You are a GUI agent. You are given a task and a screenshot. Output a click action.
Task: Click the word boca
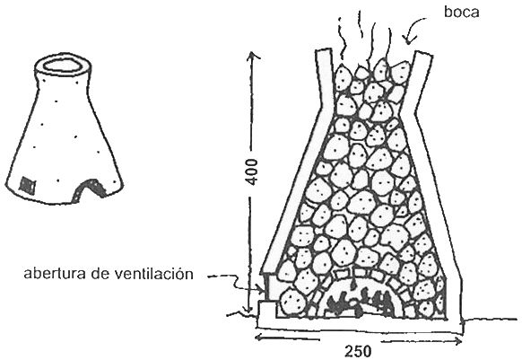(x=461, y=12)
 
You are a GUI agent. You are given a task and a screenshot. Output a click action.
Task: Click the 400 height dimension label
(x=252, y=172)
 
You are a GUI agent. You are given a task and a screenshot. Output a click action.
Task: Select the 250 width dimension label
(x=358, y=352)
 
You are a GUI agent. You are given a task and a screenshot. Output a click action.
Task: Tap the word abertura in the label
(x=56, y=274)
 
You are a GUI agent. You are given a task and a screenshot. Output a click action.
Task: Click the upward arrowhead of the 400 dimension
(x=254, y=56)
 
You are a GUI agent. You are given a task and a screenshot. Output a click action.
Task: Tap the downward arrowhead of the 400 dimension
(x=247, y=310)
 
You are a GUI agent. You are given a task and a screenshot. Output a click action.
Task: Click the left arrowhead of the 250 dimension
(x=259, y=338)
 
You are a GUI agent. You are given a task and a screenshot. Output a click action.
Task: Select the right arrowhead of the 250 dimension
(x=458, y=341)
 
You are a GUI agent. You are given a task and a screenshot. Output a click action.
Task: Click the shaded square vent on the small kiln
(x=27, y=184)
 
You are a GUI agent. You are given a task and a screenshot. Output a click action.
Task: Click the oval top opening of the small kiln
(x=62, y=66)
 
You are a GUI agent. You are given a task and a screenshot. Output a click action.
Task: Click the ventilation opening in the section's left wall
(x=267, y=287)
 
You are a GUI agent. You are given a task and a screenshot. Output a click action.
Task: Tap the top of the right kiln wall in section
(x=423, y=53)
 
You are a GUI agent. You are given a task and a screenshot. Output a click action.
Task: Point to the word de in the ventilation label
(x=100, y=274)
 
